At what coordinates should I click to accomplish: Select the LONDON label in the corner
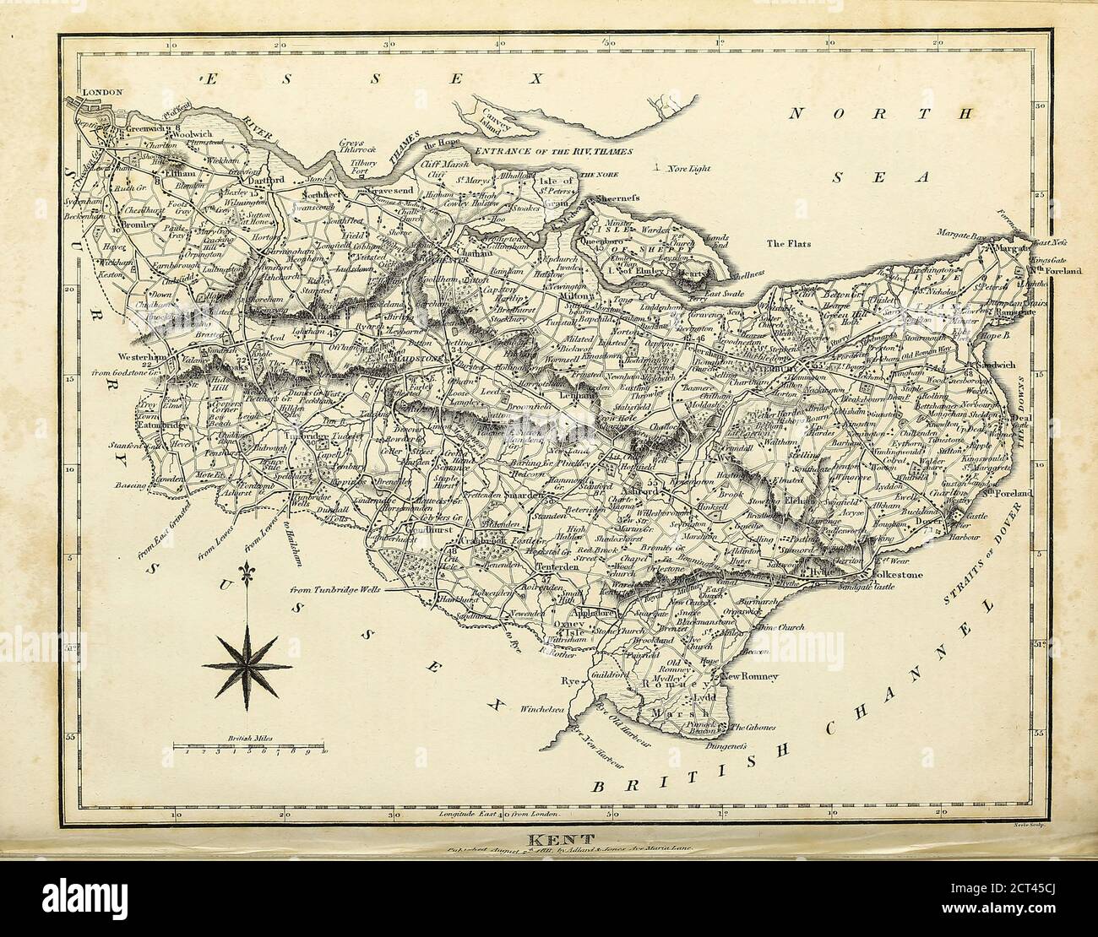[x=101, y=92]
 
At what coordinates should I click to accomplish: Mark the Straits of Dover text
[x=982, y=555]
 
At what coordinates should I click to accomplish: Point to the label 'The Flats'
[x=788, y=244]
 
